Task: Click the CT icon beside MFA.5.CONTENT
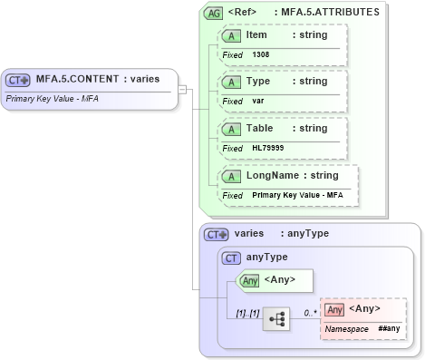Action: [19, 79]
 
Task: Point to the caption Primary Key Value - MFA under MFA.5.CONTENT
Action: [52, 97]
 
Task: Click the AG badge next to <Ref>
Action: [214, 13]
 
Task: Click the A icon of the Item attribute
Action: [232, 35]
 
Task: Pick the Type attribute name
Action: [258, 82]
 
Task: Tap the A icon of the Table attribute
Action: [232, 129]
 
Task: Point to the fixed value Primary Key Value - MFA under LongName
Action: [297, 195]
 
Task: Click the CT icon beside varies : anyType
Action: [217, 234]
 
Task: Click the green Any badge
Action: [249, 280]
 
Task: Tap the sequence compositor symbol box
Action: [276, 319]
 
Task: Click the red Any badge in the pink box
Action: [334, 309]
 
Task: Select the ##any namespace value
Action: [389, 328]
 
